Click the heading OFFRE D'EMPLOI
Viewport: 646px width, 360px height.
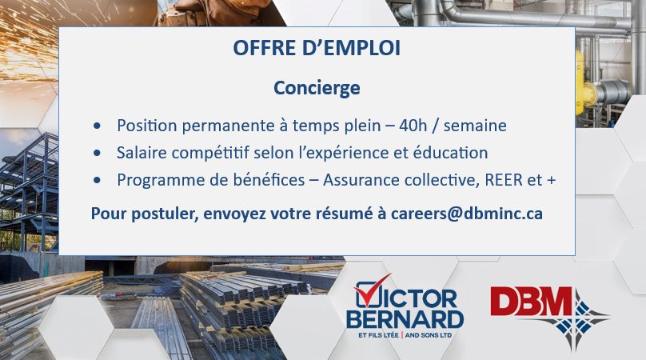tap(317, 48)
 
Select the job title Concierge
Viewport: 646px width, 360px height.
tap(317, 88)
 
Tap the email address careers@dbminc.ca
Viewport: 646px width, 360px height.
tap(466, 214)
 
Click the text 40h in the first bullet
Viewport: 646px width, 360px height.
tap(413, 126)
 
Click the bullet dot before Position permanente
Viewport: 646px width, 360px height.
tap(97, 126)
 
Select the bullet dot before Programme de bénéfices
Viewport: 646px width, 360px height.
tap(97, 180)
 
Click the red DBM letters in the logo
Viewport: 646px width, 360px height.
tap(531, 302)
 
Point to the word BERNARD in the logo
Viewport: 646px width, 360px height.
tap(405, 319)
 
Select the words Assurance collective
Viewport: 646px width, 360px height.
tap(401, 180)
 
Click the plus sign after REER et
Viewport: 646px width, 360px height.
tap(551, 181)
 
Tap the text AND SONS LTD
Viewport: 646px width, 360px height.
tap(429, 335)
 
